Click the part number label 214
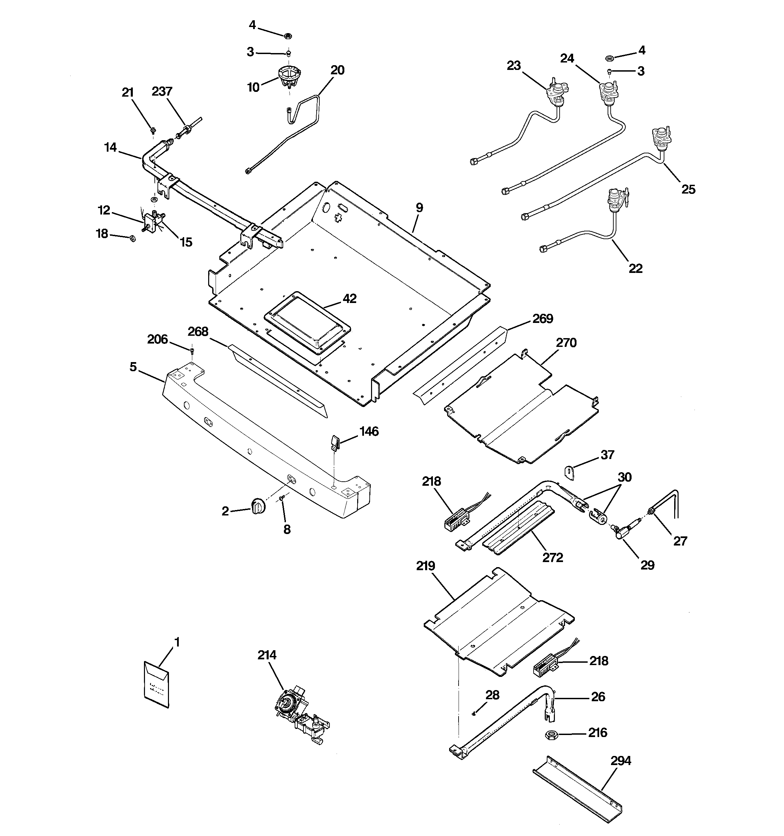click(x=267, y=655)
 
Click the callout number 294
click(x=621, y=761)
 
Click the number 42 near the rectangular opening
click(x=349, y=299)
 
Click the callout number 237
click(x=162, y=91)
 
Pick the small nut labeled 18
click(x=132, y=238)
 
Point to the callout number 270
click(x=566, y=343)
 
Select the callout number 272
click(x=552, y=558)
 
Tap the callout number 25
click(x=688, y=189)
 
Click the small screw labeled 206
click(x=192, y=350)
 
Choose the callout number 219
click(x=425, y=566)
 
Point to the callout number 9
click(x=419, y=207)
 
